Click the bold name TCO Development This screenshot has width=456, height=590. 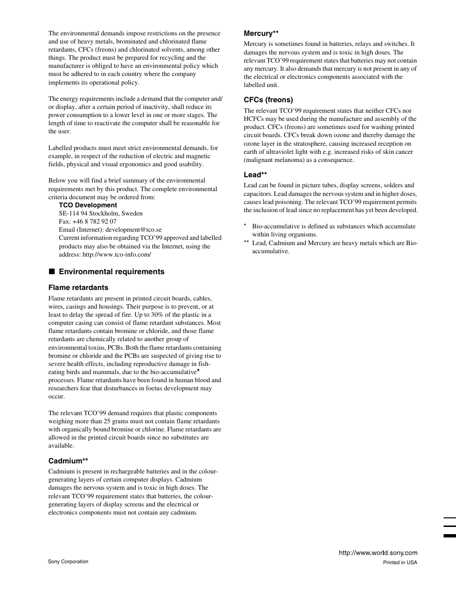(88, 205)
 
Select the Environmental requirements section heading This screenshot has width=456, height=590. (111, 272)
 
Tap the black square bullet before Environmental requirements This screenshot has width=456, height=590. (51, 272)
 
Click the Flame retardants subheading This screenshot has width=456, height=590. (78, 288)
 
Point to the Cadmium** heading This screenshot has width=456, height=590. (68, 461)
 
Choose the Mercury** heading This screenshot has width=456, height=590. (261, 33)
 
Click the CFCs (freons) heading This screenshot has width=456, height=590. (268, 100)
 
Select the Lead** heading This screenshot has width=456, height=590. (255, 175)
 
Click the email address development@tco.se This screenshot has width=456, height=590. (133, 230)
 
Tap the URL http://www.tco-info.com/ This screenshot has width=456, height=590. (117, 255)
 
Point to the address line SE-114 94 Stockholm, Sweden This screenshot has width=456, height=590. (101, 214)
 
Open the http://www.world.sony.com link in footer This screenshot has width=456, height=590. (378, 553)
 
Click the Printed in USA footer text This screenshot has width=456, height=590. (400, 562)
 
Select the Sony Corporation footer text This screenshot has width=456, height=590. (68, 562)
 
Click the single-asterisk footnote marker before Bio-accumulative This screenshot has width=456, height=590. (245, 226)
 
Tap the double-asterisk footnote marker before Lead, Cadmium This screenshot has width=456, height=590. (246, 243)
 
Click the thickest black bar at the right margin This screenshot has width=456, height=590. (449, 536)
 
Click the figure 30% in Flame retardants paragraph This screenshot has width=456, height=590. (157, 315)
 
